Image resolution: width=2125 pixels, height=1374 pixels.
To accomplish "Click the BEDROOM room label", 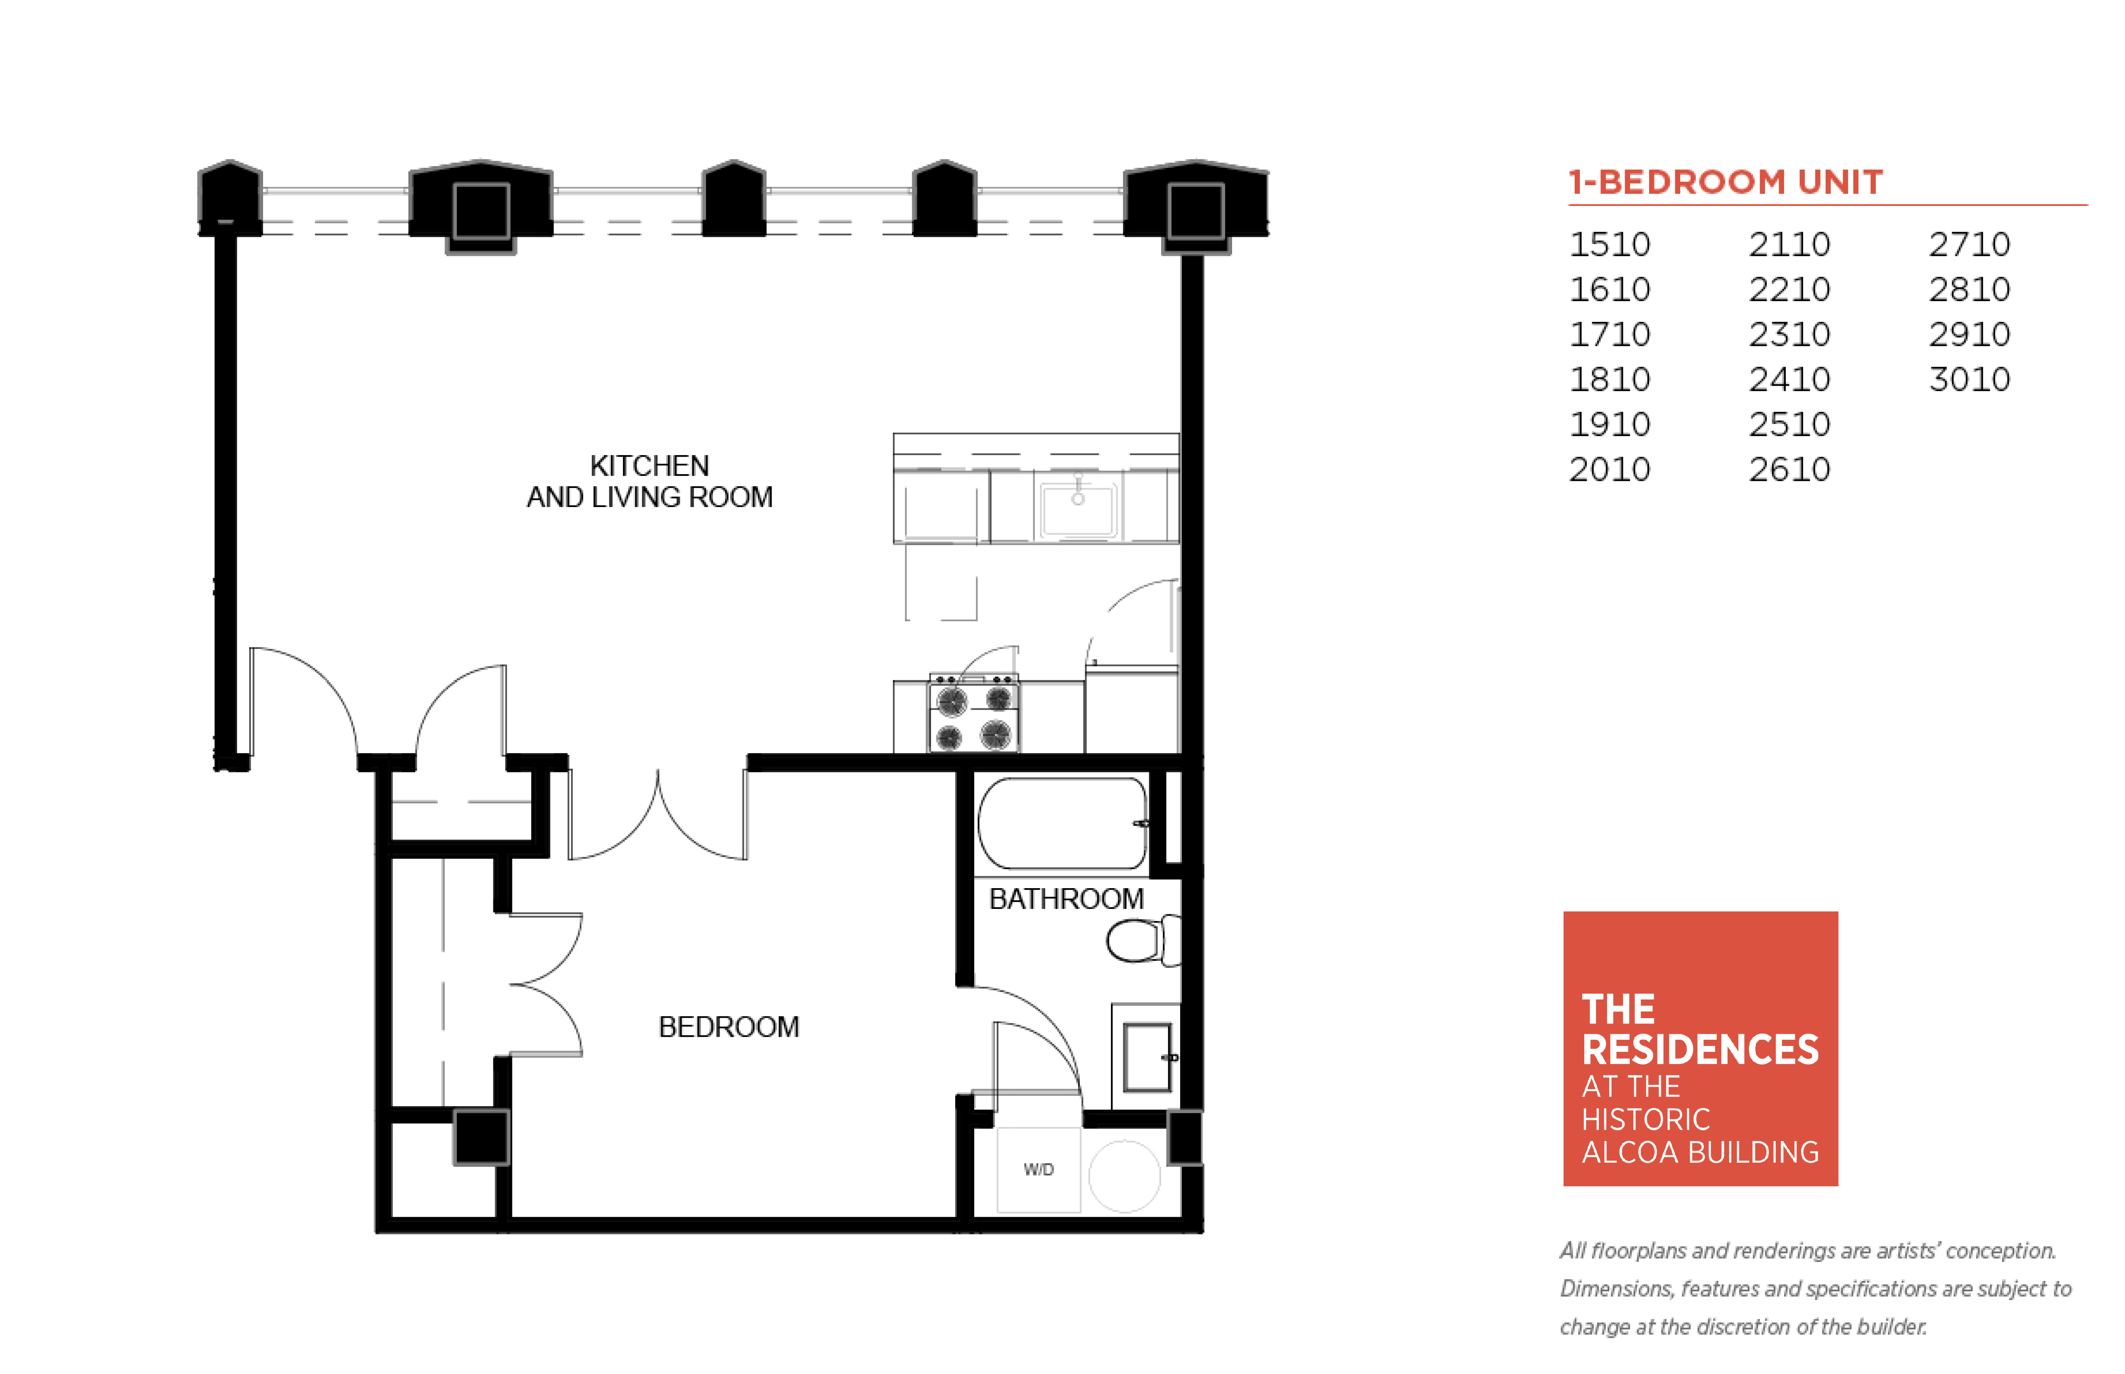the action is [728, 1027].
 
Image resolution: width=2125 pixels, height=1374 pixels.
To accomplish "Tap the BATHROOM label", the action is [1066, 899].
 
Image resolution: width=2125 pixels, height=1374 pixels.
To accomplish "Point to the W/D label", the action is [1038, 1169].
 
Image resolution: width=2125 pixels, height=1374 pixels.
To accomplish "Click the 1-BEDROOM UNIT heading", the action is [1725, 182].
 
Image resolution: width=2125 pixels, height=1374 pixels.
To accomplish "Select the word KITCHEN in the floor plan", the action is [650, 466].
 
